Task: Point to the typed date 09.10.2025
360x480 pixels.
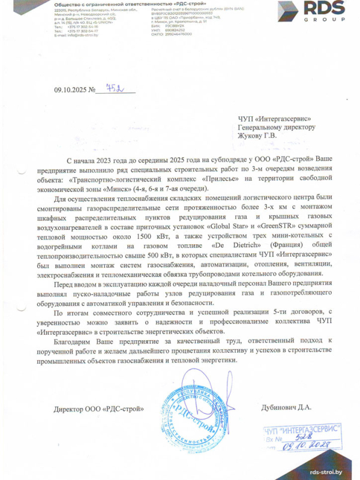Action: pyautogui.click(x=70, y=91)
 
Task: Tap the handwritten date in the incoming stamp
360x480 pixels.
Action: pyautogui.click(x=308, y=447)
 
